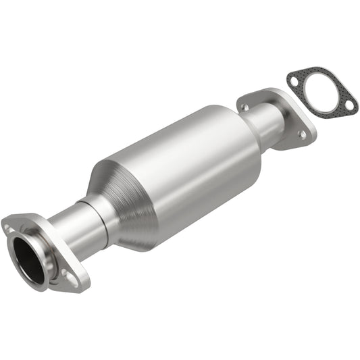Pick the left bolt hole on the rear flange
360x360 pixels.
pyautogui.click(x=245, y=107)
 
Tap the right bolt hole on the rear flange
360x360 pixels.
pyautogui.click(x=302, y=134)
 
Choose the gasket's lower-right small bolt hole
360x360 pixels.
pyautogui.click(x=349, y=105)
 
